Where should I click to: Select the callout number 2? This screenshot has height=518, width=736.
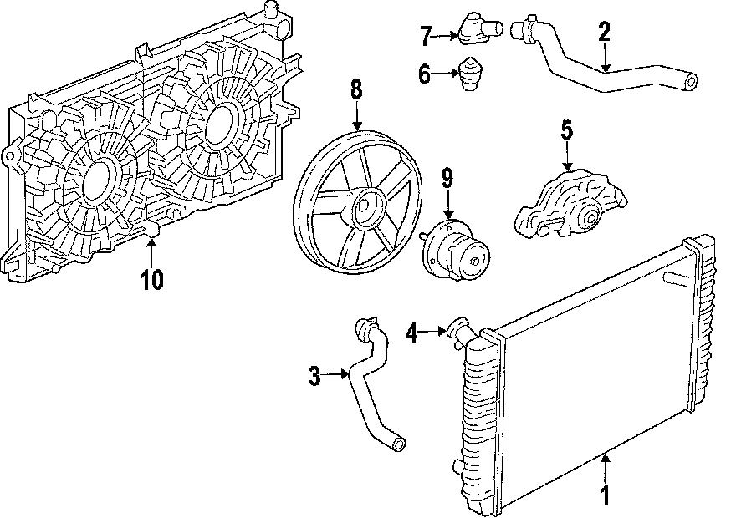pos(604,33)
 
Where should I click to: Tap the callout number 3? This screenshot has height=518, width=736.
pos(314,377)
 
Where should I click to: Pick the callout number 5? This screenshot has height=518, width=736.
pos(566,129)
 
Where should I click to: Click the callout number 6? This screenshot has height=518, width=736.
pos(425,75)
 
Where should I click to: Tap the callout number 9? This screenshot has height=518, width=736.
pos(447,178)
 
